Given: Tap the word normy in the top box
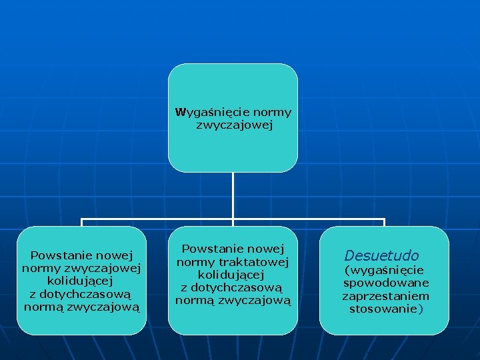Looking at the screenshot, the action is pos(273,112).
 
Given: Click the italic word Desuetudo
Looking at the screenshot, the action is pos(381,255).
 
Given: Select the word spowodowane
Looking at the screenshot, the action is pos(386,283).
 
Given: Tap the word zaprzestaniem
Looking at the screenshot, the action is pos(386,296).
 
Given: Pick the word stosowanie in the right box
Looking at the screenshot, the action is pos(383,309).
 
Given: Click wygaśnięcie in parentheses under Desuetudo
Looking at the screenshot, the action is pos(384,271).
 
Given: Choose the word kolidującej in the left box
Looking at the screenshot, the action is pos(81,281).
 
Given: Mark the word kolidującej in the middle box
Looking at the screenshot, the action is pos(232,275).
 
